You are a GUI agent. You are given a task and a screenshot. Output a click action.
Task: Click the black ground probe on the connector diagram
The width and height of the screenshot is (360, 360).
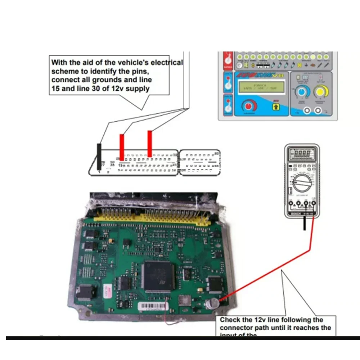[x=98, y=157]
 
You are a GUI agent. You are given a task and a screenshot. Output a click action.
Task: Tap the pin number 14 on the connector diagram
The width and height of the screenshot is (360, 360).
[x=174, y=170]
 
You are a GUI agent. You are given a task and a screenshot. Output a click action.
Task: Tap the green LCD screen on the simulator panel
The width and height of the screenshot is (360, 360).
[x=261, y=86]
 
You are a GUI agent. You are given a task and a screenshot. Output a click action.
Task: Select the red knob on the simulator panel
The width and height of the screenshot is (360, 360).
[x=248, y=106]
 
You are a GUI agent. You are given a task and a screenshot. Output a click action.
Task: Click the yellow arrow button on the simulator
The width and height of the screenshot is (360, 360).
[x=276, y=107]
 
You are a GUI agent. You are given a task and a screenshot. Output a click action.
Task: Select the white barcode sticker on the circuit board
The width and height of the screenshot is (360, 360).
[x=153, y=307]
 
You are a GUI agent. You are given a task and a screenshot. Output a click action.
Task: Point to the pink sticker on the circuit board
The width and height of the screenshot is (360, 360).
[x=107, y=290]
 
